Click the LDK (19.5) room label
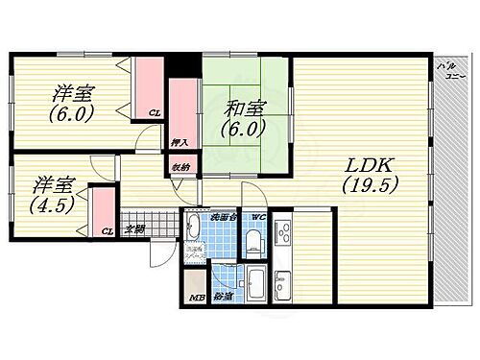[x=368, y=174]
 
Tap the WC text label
[x=256, y=216]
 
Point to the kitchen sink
[x=285, y=284]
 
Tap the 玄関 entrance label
[x=134, y=229]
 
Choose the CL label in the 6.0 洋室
[x=154, y=113]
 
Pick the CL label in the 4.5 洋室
[x=108, y=231]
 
